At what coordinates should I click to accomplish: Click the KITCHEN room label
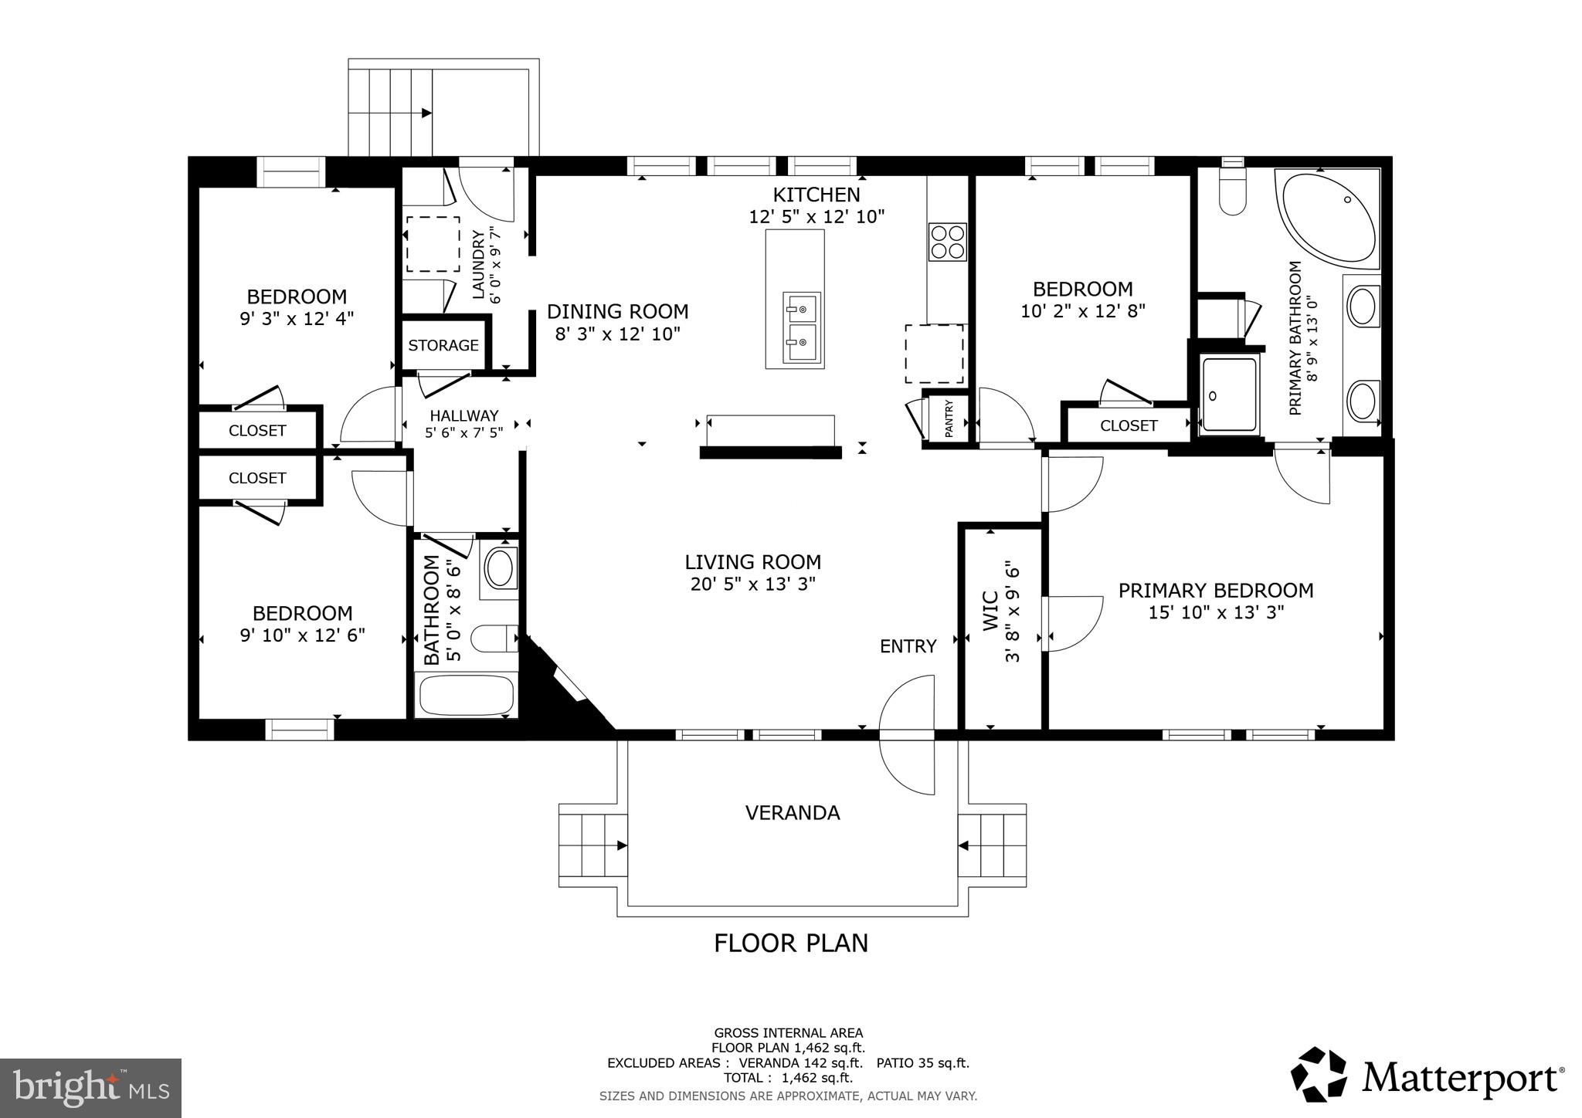816,195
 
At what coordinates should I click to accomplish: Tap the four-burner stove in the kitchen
947,242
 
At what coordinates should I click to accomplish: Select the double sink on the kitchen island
801,327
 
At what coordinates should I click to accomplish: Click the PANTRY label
949,417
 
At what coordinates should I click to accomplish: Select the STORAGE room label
443,345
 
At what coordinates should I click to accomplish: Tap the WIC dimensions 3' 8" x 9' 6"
1013,615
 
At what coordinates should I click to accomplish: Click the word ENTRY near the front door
908,646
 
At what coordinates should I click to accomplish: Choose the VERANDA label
793,812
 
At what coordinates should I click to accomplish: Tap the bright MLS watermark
90,1088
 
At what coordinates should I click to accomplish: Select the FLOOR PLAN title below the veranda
791,943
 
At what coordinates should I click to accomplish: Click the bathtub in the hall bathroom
466,695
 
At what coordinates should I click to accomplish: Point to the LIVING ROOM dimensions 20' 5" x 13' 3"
753,584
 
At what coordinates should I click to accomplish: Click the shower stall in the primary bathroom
1229,394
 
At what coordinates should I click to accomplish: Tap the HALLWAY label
464,415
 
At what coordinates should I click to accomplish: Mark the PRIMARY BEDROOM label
1216,590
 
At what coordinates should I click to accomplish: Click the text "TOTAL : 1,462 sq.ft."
788,1078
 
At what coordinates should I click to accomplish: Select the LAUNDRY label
478,264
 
